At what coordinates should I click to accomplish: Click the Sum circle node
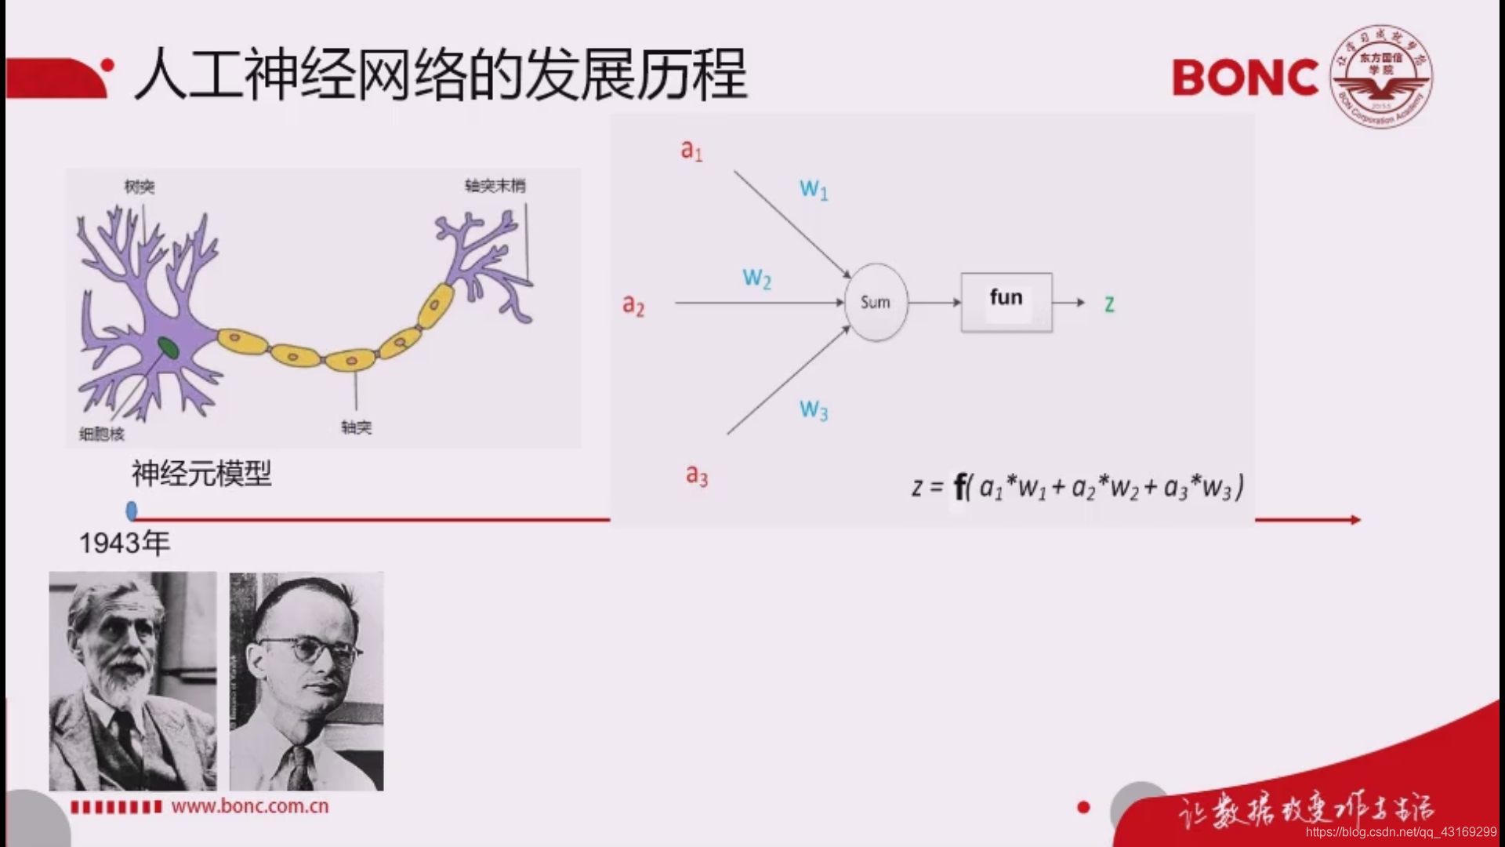point(876,302)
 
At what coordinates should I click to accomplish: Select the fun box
point(1006,302)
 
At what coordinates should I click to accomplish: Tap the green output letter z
point(1109,304)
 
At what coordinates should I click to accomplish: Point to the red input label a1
point(691,150)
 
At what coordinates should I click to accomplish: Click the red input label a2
point(633,304)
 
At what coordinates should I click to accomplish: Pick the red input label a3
point(696,474)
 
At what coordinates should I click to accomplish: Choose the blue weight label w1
point(814,189)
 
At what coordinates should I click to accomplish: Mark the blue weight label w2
point(756,278)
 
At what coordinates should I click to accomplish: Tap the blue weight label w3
point(814,409)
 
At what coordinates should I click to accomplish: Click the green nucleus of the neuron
point(168,347)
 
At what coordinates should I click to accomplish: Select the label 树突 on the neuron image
point(140,187)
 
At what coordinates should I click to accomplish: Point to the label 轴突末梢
point(495,186)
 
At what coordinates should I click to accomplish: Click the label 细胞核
point(102,434)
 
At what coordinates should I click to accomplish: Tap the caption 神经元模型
point(201,474)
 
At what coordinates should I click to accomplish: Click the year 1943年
point(124,543)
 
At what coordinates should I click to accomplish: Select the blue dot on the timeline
point(132,511)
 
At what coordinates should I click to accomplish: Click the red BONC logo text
point(1245,78)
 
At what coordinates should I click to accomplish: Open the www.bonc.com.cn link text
point(250,806)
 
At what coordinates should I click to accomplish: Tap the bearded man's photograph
point(132,681)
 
